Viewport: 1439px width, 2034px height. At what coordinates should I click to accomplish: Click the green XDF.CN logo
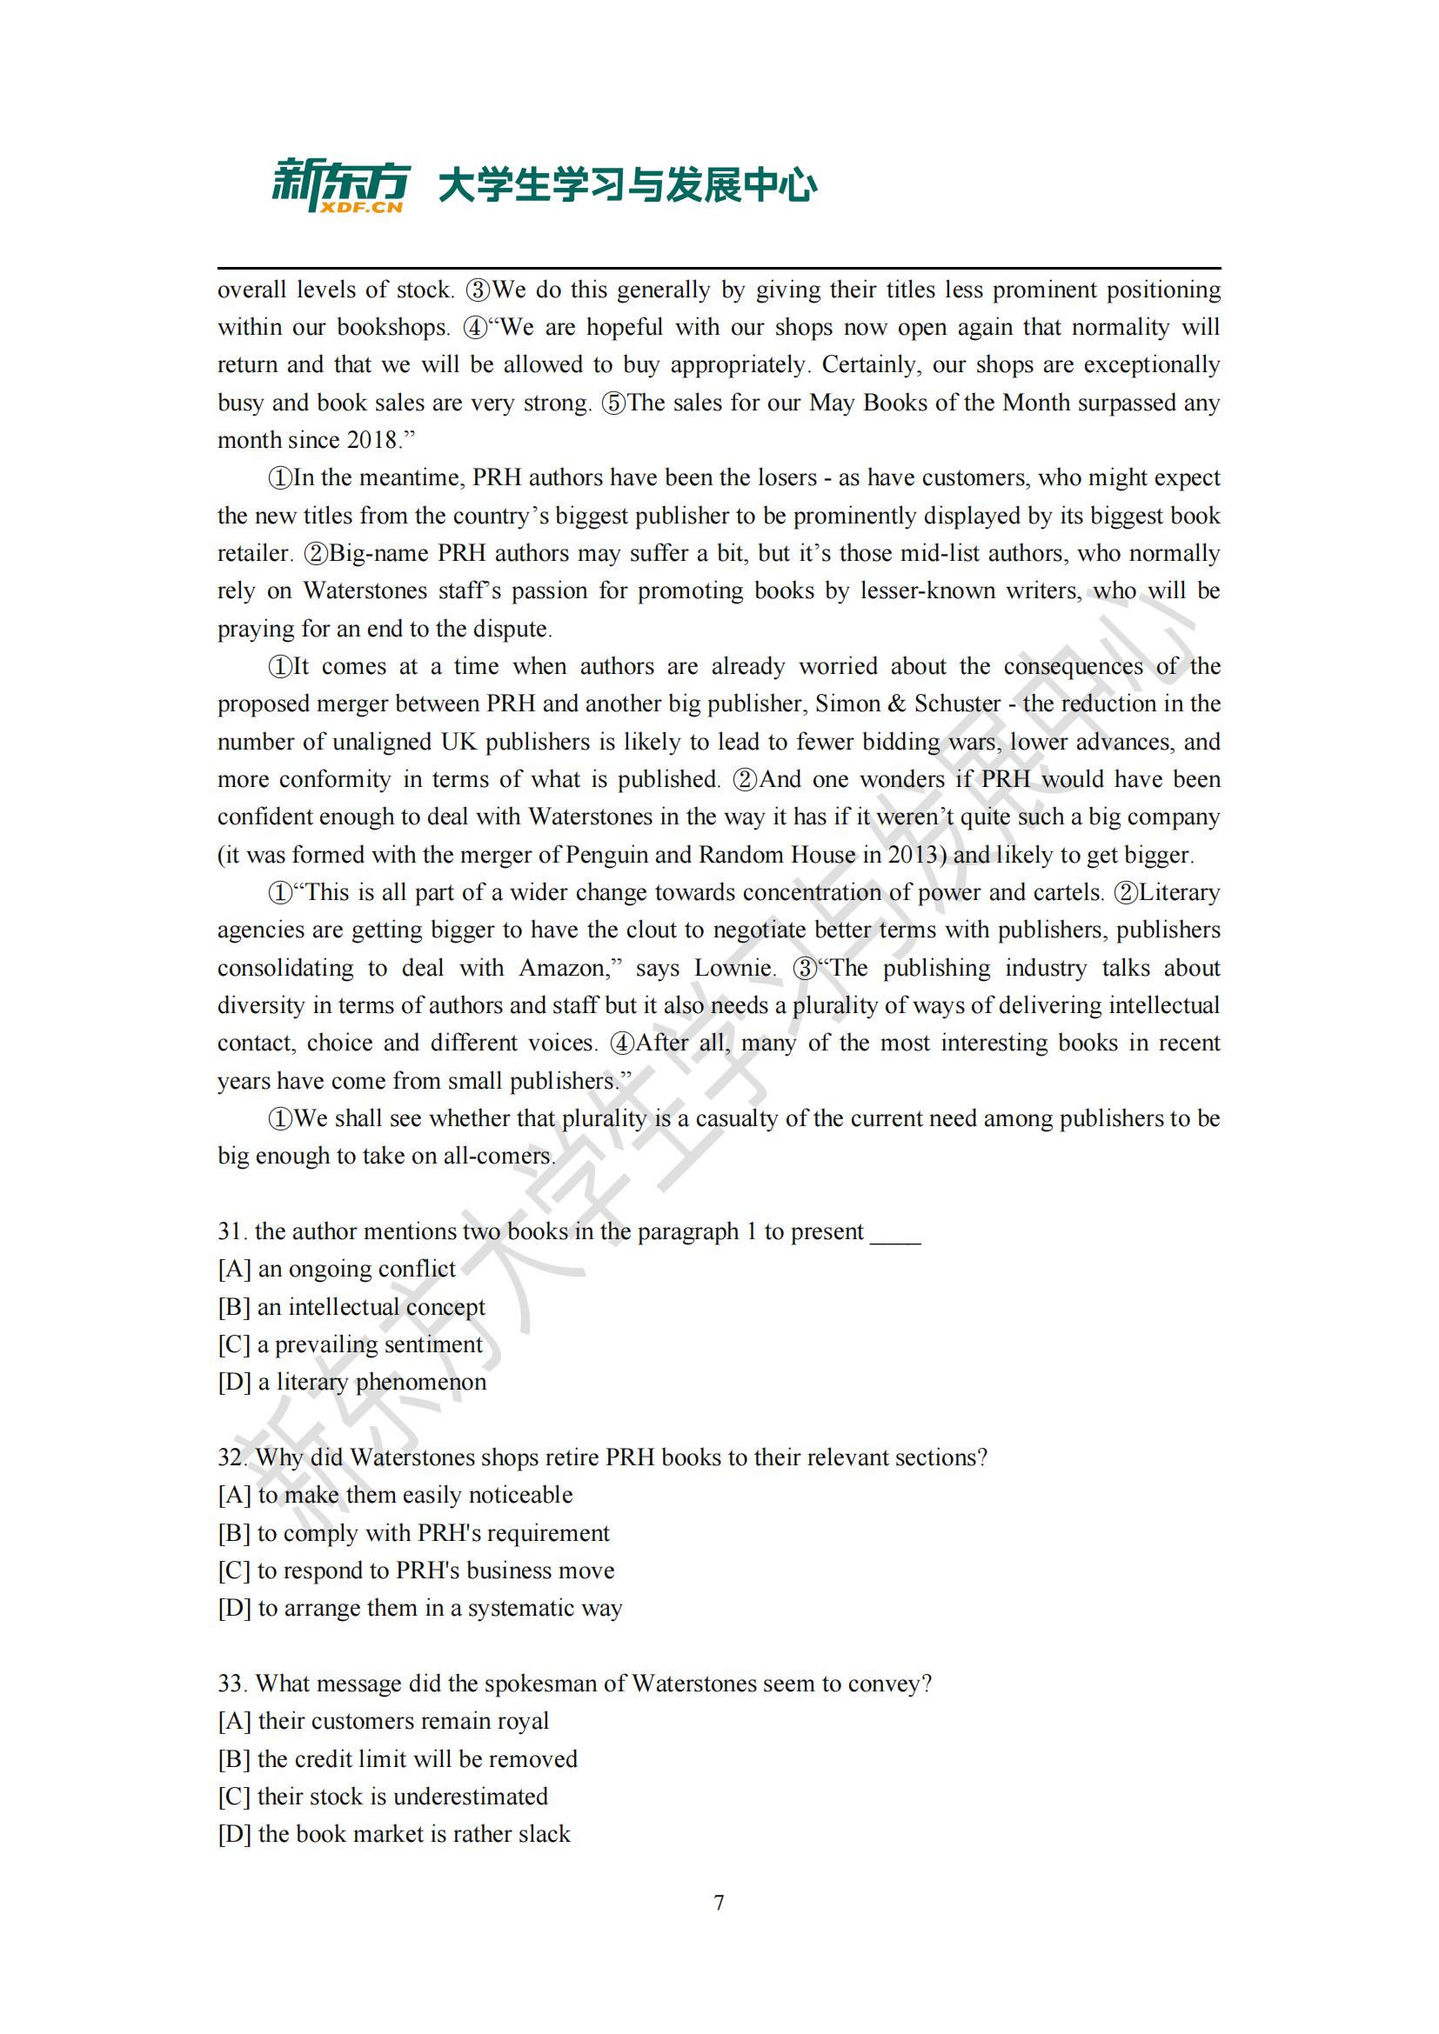pyautogui.click(x=339, y=186)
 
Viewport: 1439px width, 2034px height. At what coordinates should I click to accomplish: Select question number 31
pyautogui.click(x=232, y=1231)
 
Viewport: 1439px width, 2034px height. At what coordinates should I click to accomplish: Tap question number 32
pyautogui.click(x=232, y=1457)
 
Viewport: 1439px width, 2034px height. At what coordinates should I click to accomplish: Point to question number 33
pyautogui.click(x=232, y=1684)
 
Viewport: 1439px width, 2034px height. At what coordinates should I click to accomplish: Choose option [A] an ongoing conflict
pyautogui.click(x=337, y=1269)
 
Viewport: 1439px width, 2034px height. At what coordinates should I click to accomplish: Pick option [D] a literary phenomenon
pyautogui.click(x=351, y=1382)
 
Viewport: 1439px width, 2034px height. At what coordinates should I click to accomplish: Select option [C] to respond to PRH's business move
pyautogui.click(x=416, y=1570)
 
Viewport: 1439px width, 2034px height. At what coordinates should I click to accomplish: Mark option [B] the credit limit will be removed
pyautogui.click(x=397, y=1758)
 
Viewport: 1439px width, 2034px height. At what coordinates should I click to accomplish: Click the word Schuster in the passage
pyautogui.click(x=957, y=704)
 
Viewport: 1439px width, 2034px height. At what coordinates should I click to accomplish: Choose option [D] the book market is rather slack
pyautogui.click(x=394, y=1834)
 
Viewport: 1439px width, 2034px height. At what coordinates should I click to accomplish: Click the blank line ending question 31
pyautogui.click(x=895, y=1233)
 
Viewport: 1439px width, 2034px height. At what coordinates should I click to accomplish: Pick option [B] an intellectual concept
pyautogui.click(x=351, y=1307)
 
